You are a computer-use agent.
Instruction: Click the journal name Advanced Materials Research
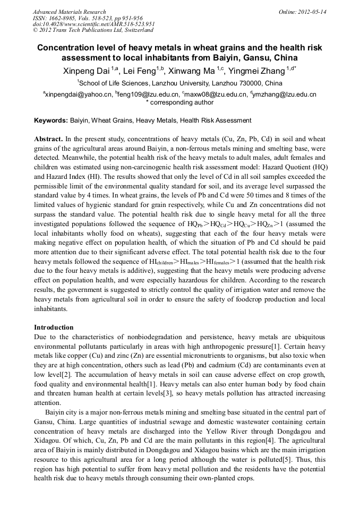(x=69, y=12)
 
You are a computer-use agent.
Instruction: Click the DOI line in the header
(x=94, y=24)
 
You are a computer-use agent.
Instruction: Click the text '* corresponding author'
(x=179, y=102)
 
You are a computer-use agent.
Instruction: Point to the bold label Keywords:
(x=51, y=120)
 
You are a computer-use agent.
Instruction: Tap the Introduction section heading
(x=54, y=327)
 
